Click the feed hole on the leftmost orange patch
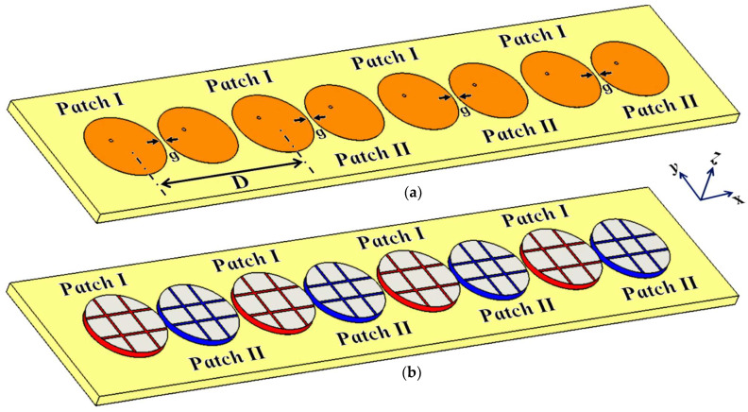click(x=111, y=140)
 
